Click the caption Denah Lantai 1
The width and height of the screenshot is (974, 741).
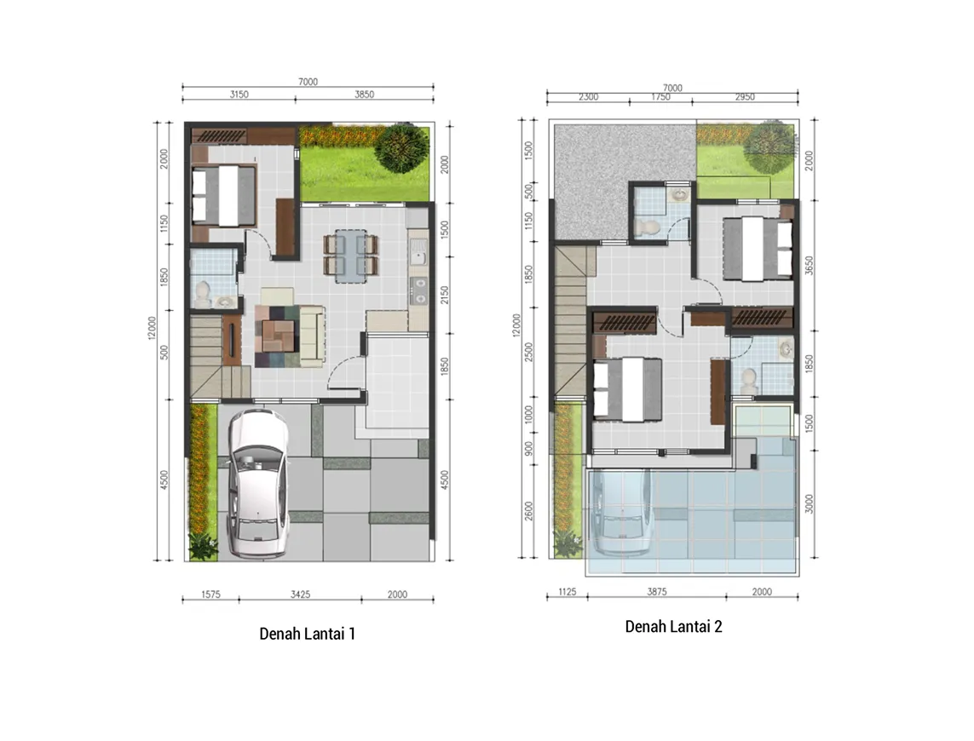[x=307, y=634]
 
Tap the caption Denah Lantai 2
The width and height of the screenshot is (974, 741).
[x=673, y=626]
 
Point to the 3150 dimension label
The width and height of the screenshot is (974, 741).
[x=239, y=95]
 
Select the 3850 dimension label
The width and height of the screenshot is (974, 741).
[x=364, y=95]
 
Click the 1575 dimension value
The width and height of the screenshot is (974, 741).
[x=210, y=595]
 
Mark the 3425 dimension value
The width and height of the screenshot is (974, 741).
[x=300, y=595]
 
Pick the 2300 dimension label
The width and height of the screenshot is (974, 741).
[x=588, y=97]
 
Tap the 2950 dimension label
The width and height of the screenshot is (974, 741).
[x=745, y=97]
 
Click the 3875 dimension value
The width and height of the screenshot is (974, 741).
[x=657, y=591]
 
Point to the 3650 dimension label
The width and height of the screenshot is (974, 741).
[x=809, y=266]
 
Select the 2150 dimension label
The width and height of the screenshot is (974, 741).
[x=445, y=295]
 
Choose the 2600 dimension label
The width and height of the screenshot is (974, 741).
[x=528, y=510]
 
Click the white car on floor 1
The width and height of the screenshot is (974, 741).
[x=258, y=482]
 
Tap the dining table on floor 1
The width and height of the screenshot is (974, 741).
[x=351, y=256]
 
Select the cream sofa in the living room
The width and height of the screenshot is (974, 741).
[x=312, y=334]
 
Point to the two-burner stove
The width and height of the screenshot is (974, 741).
[x=419, y=290]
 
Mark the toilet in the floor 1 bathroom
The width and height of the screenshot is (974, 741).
[x=203, y=293]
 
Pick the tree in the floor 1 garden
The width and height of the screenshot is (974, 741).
[x=402, y=148]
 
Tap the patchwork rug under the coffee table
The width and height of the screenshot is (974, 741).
[x=280, y=336]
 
